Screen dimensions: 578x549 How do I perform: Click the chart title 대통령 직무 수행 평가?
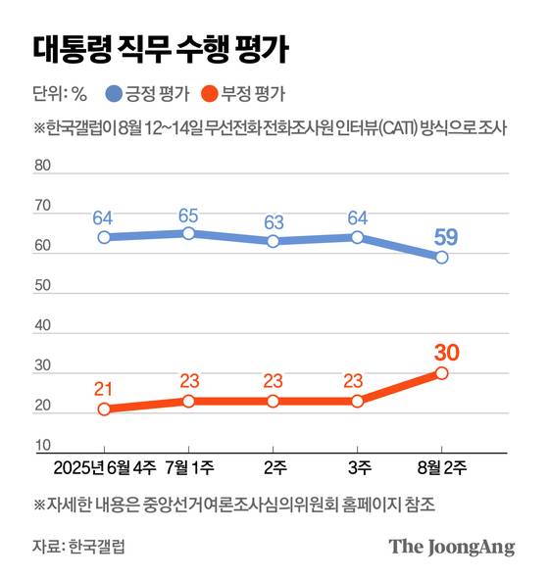coord(158,48)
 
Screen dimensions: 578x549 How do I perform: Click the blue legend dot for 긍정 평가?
coord(114,95)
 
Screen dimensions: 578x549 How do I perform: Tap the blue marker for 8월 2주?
coord(442,258)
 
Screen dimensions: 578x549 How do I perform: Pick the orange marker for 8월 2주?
coord(442,373)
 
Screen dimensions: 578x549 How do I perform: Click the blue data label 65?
coord(189,216)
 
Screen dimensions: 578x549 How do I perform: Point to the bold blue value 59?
coord(442,236)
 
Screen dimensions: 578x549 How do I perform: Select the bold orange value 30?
coord(442,351)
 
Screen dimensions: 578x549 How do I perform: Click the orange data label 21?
coord(104,389)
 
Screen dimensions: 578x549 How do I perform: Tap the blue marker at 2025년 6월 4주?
coord(104,237)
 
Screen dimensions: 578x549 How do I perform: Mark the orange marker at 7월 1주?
coord(189,402)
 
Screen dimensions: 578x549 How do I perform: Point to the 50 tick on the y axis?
coord(42,286)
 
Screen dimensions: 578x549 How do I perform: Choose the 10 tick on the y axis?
coord(42,446)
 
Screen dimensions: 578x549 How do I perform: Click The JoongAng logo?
coord(451,547)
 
